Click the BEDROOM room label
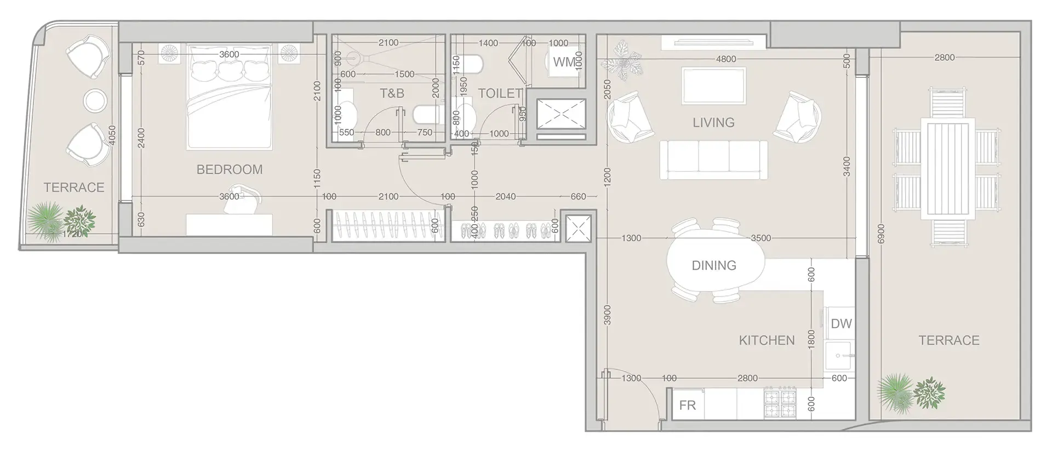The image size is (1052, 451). [x=229, y=169]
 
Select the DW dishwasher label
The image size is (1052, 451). [x=841, y=323]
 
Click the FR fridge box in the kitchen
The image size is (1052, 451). [x=688, y=405]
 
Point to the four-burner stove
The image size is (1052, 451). [x=780, y=404]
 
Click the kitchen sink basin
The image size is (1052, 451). [x=838, y=355]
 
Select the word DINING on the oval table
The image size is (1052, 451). [x=713, y=265]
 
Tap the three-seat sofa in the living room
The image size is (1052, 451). [x=713, y=159]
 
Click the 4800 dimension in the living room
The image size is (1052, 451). [x=725, y=59]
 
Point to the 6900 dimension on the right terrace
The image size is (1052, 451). [x=881, y=233]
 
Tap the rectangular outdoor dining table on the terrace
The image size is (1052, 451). [x=948, y=168]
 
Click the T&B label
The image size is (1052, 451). [x=392, y=93]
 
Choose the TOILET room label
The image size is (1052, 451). [x=499, y=93]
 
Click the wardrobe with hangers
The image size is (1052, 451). [x=385, y=225]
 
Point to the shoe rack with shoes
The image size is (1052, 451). [x=504, y=230]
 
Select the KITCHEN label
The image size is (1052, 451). [x=766, y=340]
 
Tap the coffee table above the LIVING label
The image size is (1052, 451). [x=713, y=85]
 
